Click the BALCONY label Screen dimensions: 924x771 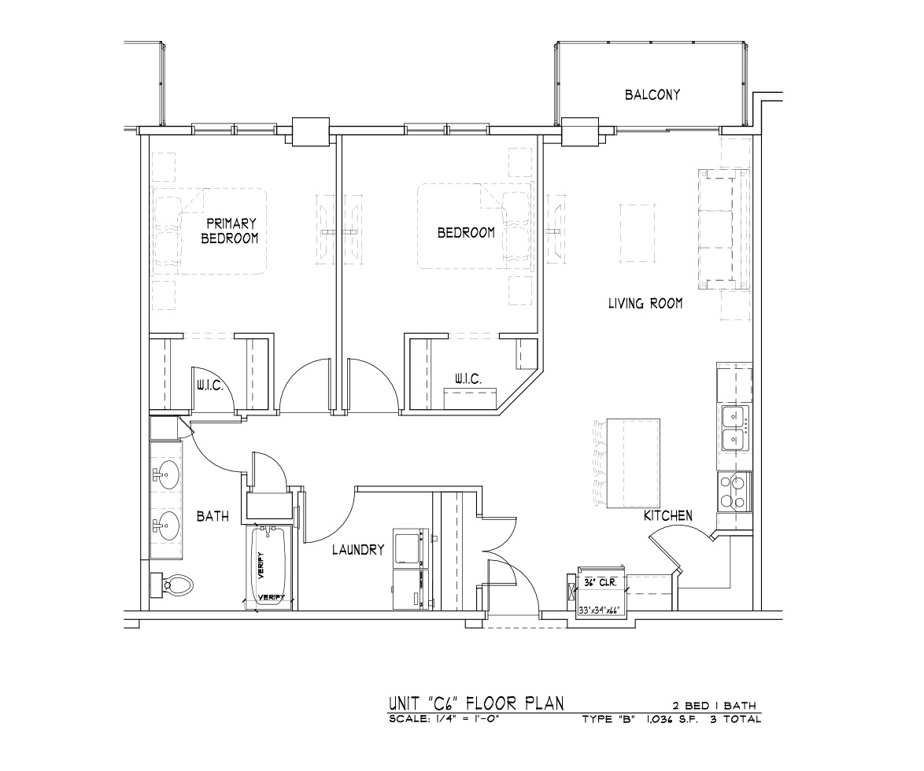click(652, 94)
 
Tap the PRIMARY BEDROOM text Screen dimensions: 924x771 click(231, 231)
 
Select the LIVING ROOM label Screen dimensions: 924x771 click(645, 304)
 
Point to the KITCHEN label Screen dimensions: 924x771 click(667, 516)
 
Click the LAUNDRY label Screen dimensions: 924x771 click(357, 550)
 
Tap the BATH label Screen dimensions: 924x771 click(213, 516)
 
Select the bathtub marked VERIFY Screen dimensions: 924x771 click(268, 566)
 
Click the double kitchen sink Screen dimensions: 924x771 click(734, 428)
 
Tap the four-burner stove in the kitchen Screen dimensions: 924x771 click(734, 492)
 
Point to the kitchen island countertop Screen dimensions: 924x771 click(633, 463)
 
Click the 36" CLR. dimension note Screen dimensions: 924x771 click(600, 582)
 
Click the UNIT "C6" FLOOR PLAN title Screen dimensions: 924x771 click(476, 703)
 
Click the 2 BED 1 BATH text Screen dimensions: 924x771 click(714, 706)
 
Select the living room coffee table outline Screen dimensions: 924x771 click(637, 233)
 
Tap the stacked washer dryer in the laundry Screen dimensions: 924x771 click(412, 570)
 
